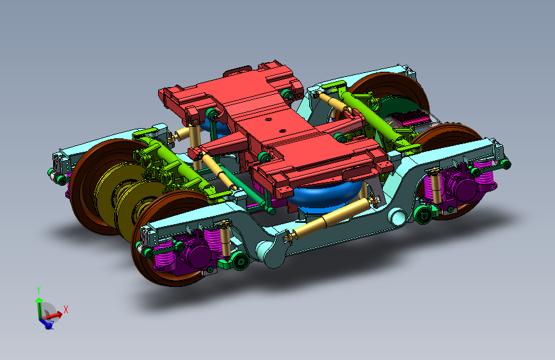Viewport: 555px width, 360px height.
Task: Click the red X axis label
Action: [65, 309]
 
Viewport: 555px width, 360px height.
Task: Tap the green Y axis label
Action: [38, 290]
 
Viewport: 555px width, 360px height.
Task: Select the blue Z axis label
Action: [51, 325]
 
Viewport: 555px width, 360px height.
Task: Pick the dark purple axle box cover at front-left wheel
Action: [197, 254]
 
